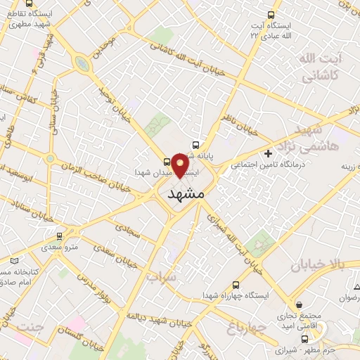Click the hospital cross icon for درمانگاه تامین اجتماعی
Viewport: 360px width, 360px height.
coord(267,153)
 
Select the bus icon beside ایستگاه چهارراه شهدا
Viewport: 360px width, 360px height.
coord(236,285)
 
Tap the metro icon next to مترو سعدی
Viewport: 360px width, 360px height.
coord(59,236)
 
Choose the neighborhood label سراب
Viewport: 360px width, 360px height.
coord(161,277)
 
